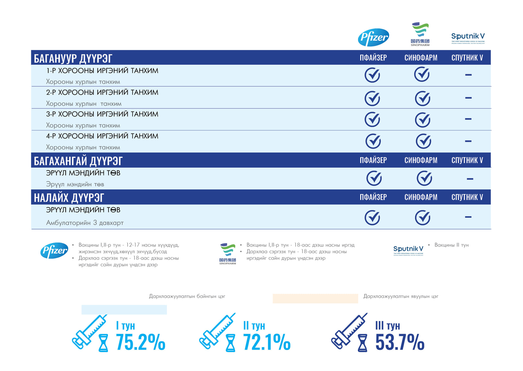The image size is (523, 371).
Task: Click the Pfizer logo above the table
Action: click(373, 37)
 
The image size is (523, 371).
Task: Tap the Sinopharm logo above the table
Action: click(420, 34)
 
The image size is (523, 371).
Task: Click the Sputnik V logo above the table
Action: click(468, 38)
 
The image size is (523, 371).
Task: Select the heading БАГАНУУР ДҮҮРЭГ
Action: click(73, 58)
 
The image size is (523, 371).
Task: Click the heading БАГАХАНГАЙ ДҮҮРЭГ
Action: click(78, 161)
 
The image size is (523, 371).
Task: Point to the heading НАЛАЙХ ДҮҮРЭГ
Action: click(69, 197)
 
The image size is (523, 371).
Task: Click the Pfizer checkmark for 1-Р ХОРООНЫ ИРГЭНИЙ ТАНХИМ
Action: click(372, 75)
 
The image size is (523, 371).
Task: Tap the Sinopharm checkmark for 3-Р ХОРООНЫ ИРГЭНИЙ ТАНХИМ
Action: click(423, 120)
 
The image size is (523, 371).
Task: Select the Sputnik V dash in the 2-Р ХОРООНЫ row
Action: click(468, 98)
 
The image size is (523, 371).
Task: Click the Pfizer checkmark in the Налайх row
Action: click(372, 218)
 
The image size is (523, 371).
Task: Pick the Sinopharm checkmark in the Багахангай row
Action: click(424, 178)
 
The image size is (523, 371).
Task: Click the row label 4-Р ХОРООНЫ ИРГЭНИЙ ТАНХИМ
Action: click(102, 136)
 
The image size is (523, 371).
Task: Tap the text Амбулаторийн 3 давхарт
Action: click(85, 223)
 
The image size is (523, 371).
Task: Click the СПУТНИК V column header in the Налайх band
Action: click(467, 197)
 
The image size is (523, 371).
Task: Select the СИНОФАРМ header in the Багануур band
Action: click(421, 58)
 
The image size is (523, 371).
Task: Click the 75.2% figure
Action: click(141, 342)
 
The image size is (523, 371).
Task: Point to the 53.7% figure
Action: click(400, 342)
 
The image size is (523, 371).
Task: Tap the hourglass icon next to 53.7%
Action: click(362, 343)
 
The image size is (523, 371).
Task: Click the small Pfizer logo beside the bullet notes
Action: click(54, 250)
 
